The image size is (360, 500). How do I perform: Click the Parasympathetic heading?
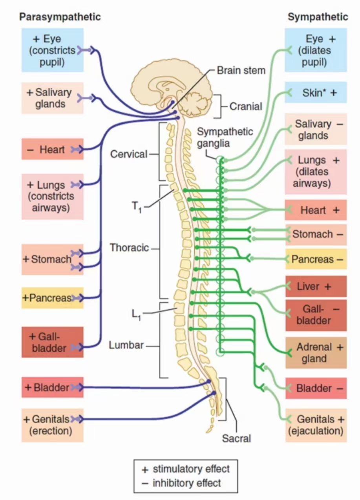point(60,17)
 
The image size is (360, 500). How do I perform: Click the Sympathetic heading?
point(318,17)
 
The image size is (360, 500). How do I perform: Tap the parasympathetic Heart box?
point(52,149)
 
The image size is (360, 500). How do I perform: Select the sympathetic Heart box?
point(316,210)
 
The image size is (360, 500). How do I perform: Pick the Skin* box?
point(316,93)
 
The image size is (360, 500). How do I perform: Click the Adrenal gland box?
point(316,352)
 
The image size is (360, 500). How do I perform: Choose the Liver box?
point(316,286)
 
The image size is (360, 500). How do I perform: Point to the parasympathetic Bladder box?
point(52,388)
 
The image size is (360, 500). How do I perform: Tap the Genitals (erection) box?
point(52,425)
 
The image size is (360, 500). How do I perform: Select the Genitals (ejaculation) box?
point(316,425)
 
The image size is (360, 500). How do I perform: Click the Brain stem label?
point(241,70)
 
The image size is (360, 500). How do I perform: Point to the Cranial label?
point(246,106)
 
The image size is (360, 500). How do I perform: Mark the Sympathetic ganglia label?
point(225,137)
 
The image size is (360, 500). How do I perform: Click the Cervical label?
point(128,154)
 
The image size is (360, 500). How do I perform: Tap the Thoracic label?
point(129,248)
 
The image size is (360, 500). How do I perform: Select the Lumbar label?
point(126,346)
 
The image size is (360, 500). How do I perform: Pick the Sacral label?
point(236,438)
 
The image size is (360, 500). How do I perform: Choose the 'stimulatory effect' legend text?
point(191,469)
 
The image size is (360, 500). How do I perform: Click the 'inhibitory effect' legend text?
point(187,483)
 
